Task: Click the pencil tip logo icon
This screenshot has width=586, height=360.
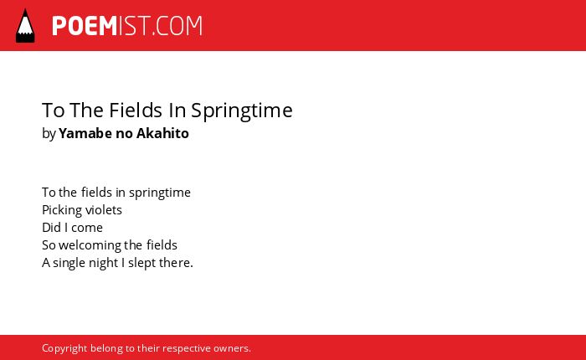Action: click(x=25, y=26)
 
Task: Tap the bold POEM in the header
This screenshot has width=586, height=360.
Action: click(x=85, y=26)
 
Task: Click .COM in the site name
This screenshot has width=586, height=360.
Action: click(x=177, y=26)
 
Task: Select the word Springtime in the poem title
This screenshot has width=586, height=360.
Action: click(x=242, y=111)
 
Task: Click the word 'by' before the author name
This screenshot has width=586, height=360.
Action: click(x=49, y=134)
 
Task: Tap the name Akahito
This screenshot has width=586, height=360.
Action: click(x=162, y=133)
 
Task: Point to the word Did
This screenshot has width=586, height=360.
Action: click(x=51, y=227)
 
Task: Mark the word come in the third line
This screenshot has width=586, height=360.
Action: click(x=87, y=228)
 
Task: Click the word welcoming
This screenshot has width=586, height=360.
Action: click(x=90, y=245)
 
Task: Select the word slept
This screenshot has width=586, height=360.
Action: click(x=142, y=263)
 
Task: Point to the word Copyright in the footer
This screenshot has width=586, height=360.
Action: click(x=64, y=349)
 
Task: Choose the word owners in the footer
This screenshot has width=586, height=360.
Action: click(x=230, y=348)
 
